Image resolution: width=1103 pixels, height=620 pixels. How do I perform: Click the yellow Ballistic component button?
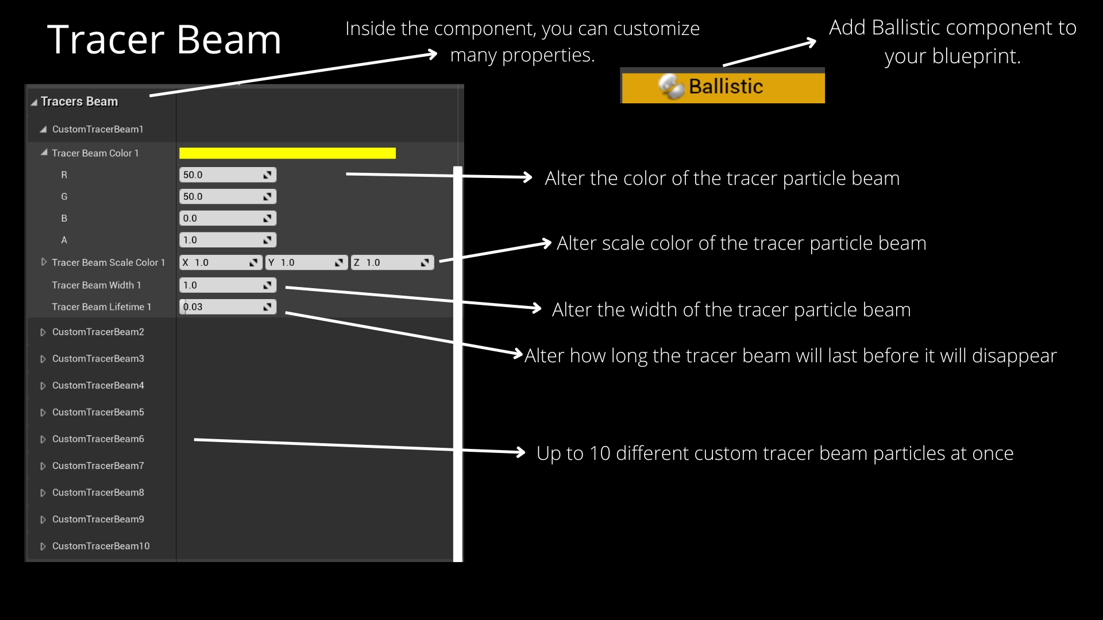723,87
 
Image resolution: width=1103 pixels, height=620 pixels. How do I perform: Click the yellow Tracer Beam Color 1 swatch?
287,153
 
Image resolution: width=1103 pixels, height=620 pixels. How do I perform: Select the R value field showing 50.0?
222,175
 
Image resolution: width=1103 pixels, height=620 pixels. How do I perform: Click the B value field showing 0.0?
222,219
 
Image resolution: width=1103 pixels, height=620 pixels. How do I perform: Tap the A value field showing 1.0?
222,241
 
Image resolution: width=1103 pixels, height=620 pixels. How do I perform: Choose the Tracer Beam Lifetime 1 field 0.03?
222,307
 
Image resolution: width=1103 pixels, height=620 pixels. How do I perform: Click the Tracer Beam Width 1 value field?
222,285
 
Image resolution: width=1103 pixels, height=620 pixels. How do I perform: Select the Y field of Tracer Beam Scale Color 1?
304,263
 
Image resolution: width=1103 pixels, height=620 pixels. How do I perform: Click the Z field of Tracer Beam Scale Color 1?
391,263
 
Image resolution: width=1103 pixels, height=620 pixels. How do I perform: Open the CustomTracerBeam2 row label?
98,332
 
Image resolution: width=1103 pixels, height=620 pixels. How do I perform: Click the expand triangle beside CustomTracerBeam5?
43,413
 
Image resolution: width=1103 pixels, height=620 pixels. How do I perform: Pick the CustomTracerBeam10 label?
101,546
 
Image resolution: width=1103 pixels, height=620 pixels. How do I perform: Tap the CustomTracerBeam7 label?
98,466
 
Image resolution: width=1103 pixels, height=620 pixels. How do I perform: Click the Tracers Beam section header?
79,102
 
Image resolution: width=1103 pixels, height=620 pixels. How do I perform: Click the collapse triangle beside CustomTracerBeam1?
43,130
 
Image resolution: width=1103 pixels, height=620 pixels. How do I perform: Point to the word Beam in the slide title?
229,40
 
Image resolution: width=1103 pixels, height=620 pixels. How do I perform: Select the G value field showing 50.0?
222,197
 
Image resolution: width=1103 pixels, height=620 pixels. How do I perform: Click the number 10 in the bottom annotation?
600,454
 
